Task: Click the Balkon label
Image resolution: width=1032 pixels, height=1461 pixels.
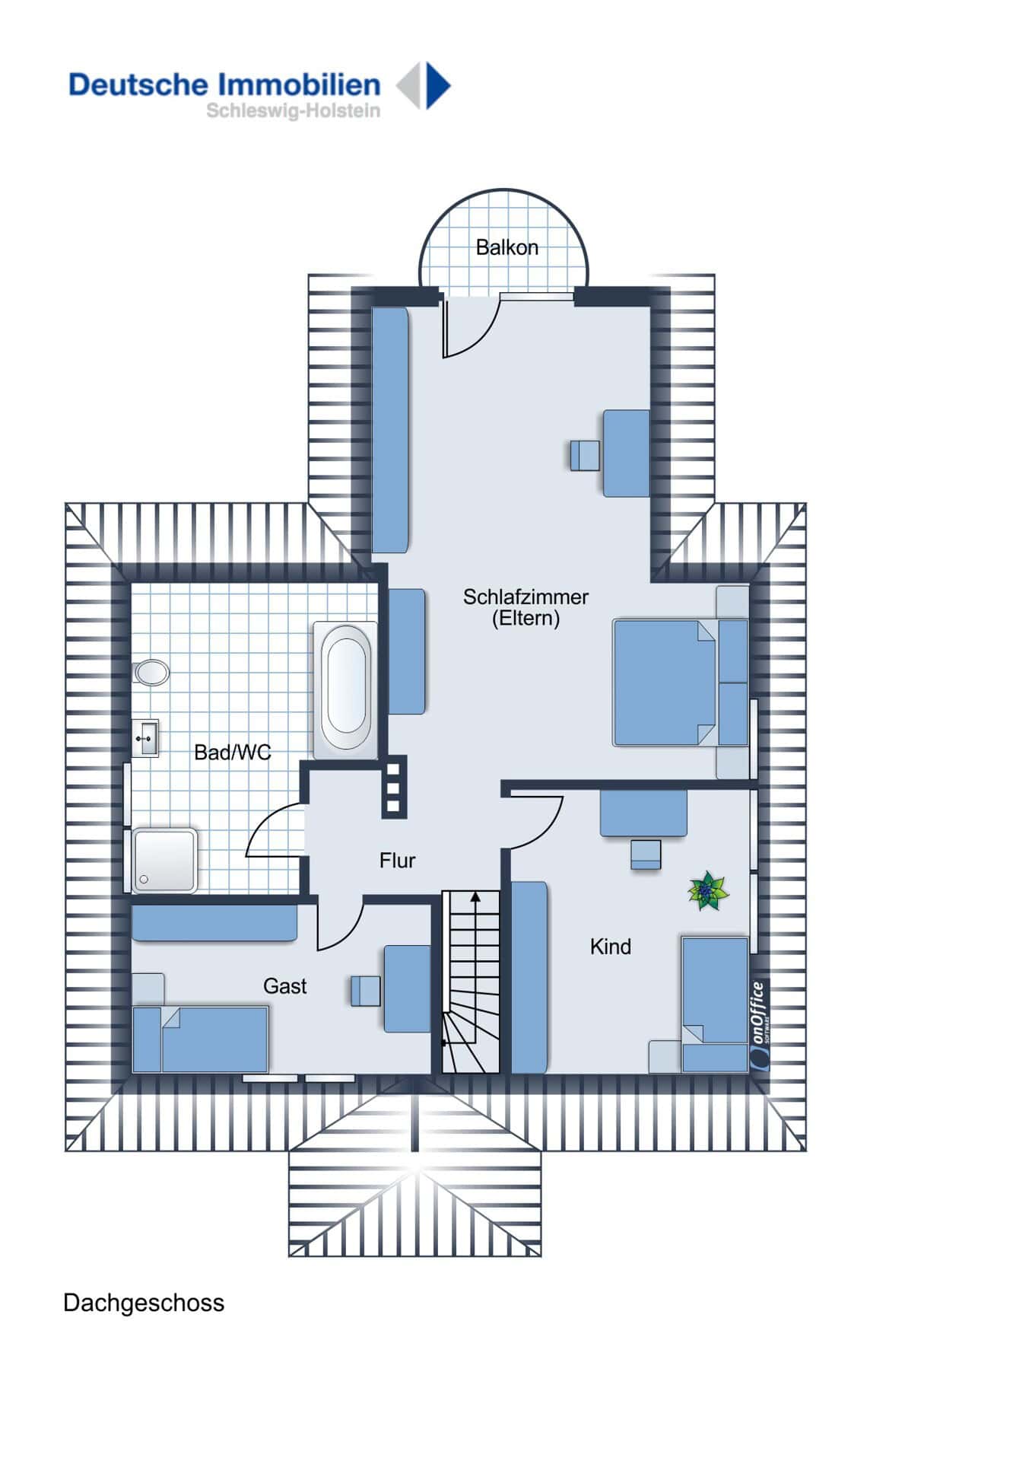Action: pyautogui.click(x=506, y=247)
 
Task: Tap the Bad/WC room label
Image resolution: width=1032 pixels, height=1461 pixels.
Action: pyautogui.click(x=232, y=753)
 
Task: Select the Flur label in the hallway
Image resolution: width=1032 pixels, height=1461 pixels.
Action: pyautogui.click(x=397, y=861)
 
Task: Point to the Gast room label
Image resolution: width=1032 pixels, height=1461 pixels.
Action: pyautogui.click(x=284, y=986)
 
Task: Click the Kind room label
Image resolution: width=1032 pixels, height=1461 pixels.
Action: pyautogui.click(x=610, y=947)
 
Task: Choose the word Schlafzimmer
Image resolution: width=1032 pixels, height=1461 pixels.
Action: pyautogui.click(x=526, y=597)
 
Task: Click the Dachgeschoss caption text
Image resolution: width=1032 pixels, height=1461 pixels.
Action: pyautogui.click(x=144, y=1303)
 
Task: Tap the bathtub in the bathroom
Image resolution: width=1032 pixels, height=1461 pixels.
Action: pyautogui.click(x=345, y=690)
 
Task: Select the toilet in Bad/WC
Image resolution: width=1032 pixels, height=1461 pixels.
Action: pyautogui.click(x=151, y=672)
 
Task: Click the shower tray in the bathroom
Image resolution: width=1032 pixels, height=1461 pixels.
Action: pyautogui.click(x=165, y=860)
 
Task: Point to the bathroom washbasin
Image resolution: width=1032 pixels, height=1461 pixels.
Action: pyautogui.click(x=145, y=738)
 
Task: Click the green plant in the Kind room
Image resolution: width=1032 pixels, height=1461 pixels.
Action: pyautogui.click(x=708, y=891)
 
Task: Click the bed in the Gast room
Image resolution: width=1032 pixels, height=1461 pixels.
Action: pyautogui.click(x=201, y=1039)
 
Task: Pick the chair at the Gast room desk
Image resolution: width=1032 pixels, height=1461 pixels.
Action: pyautogui.click(x=366, y=991)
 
